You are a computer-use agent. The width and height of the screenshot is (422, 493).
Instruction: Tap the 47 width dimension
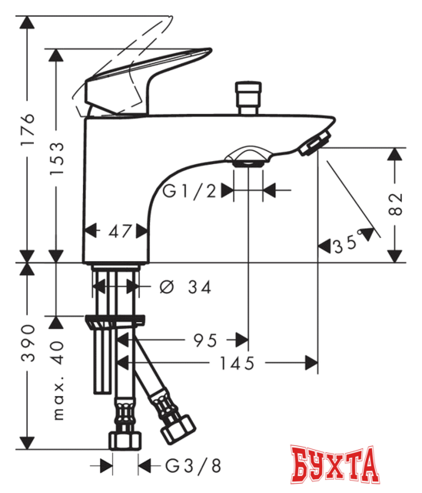tap(116, 230)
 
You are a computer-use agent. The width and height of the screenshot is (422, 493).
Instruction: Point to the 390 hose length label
tap(28, 350)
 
